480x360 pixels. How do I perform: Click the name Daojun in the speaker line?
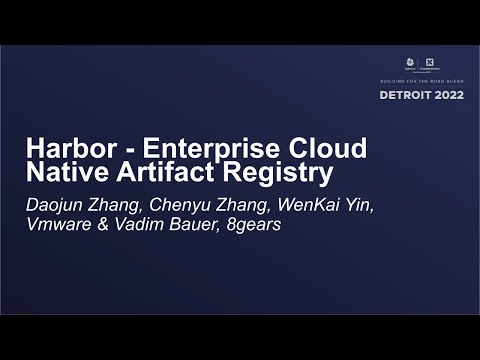coord(55,206)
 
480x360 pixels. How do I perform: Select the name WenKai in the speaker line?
coord(296,206)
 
